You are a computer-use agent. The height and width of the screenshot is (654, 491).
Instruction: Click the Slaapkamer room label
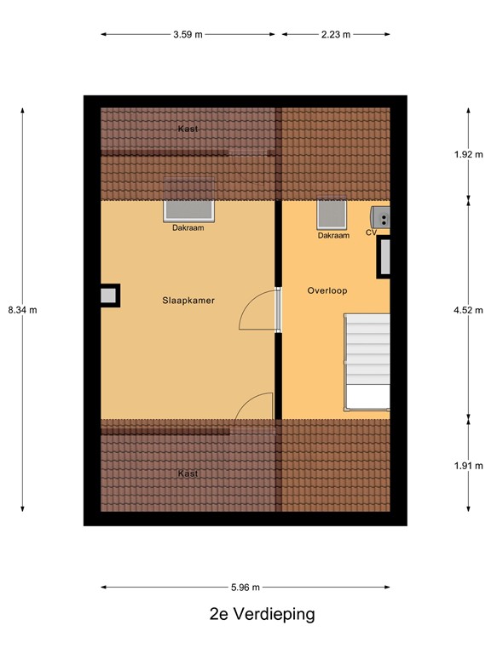[188, 301]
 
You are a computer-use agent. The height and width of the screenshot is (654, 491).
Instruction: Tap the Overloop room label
[327, 290]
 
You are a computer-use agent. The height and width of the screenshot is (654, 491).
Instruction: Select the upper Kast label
[188, 129]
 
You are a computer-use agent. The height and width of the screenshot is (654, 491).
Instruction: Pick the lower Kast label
[188, 473]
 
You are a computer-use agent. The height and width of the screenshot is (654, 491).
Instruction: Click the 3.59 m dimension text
[188, 35]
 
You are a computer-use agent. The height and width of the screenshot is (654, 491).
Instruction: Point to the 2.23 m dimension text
[336, 35]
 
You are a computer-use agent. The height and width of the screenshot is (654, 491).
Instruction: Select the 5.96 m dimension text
[245, 587]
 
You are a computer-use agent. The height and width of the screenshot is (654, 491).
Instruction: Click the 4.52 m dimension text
[468, 310]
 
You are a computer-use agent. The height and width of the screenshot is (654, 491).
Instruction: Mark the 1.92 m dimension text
[468, 155]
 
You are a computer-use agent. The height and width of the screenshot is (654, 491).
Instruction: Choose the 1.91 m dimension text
[468, 465]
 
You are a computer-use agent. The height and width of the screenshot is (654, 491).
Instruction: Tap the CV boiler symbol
[381, 217]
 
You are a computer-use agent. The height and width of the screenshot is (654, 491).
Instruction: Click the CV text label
[371, 232]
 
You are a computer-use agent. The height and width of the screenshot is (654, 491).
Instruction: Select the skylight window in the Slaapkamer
[188, 210]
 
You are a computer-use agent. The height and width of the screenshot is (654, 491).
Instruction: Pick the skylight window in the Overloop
[332, 215]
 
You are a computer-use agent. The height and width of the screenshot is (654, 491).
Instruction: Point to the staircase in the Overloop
[366, 362]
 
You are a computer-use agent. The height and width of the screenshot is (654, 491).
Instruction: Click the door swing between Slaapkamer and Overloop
[257, 310]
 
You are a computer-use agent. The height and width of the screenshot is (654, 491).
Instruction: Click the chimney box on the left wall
[109, 295]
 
